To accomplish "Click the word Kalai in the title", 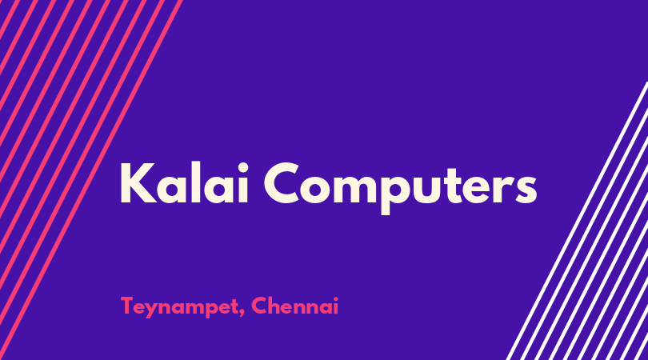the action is click(184, 183).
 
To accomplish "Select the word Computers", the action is click(401, 187).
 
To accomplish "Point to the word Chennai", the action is click(295, 306).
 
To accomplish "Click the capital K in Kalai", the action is click(138, 183).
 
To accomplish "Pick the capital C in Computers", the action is click(282, 182).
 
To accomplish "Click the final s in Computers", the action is click(526, 189).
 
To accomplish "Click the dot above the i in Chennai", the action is click(335, 299).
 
